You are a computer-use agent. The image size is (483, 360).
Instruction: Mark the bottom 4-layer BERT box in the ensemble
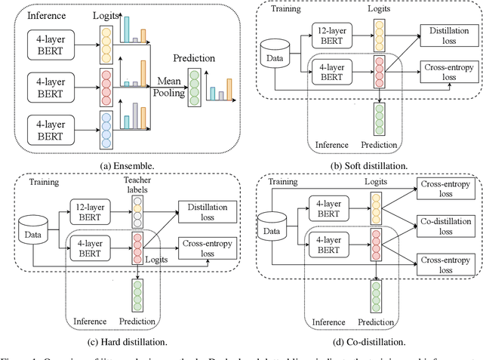[50, 125]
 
